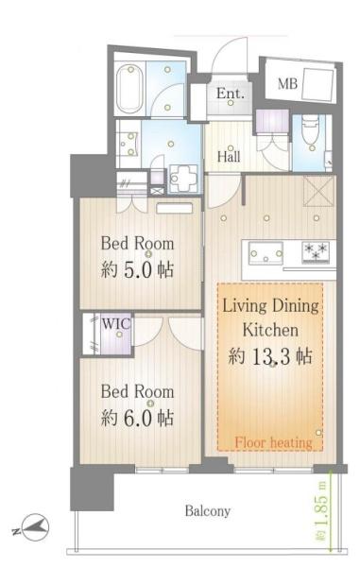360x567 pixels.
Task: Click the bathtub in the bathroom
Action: (129, 89)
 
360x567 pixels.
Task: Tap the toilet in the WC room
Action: (311, 129)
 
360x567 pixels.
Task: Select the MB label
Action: (287, 84)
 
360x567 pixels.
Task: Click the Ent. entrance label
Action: (231, 94)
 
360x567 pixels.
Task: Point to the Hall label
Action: (229, 157)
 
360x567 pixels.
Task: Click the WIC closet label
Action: (115, 323)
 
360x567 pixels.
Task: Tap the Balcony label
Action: (208, 510)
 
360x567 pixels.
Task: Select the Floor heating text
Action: (273, 442)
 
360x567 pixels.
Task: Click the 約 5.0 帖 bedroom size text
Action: (137, 269)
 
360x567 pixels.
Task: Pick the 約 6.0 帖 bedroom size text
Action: (137, 418)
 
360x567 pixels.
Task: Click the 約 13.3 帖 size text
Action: (270, 356)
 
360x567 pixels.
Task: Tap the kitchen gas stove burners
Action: (316, 251)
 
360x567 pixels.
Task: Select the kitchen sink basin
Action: (266, 252)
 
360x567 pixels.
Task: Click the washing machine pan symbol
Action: (183, 178)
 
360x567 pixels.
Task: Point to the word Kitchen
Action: (270, 330)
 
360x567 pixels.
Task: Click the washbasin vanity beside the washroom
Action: (129, 144)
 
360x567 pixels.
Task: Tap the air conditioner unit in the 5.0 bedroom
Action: (174, 208)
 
